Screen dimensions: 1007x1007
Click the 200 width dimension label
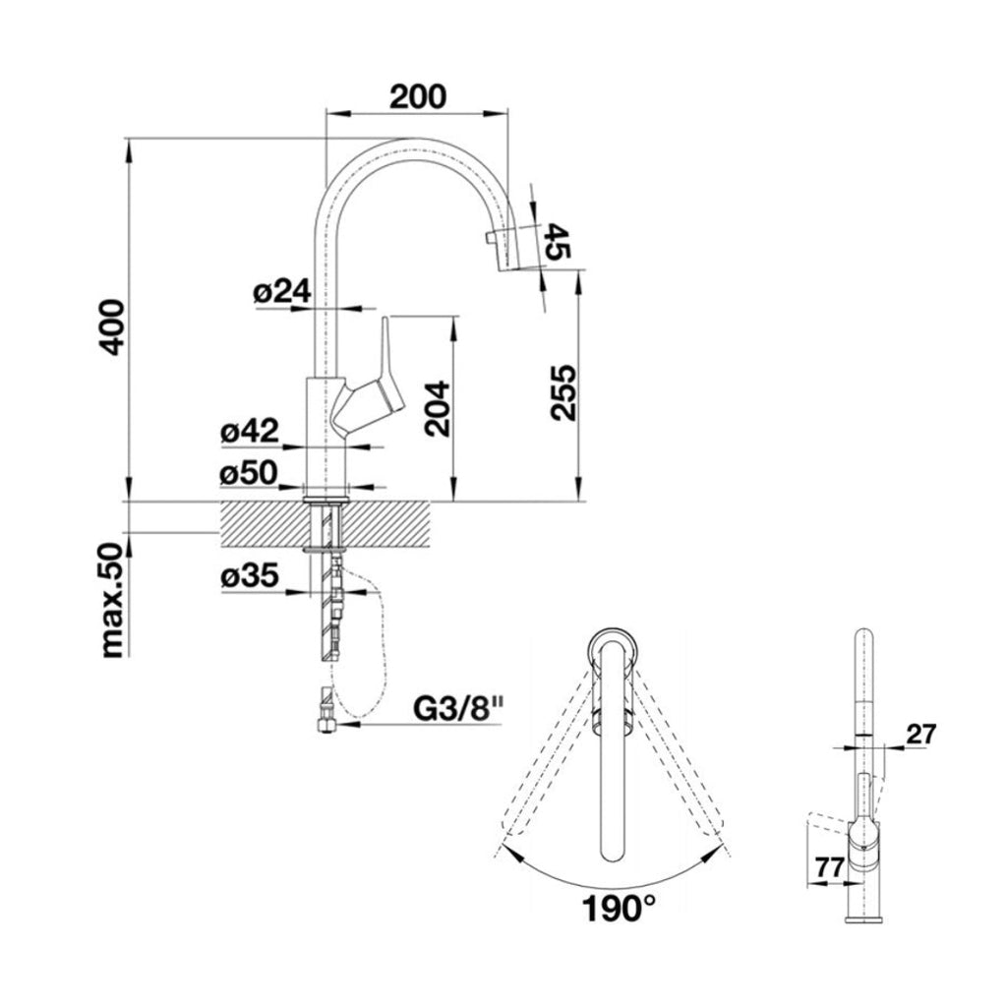(418, 95)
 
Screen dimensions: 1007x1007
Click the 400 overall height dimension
(114, 326)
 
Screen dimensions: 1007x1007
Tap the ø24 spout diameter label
(281, 291)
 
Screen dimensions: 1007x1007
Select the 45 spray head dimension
(557, 241)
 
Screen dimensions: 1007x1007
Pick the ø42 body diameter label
(250, 431)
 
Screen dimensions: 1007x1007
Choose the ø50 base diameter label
(250, 473)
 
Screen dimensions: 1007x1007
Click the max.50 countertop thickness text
(114, 599)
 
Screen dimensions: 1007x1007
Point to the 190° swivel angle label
(617, 908)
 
